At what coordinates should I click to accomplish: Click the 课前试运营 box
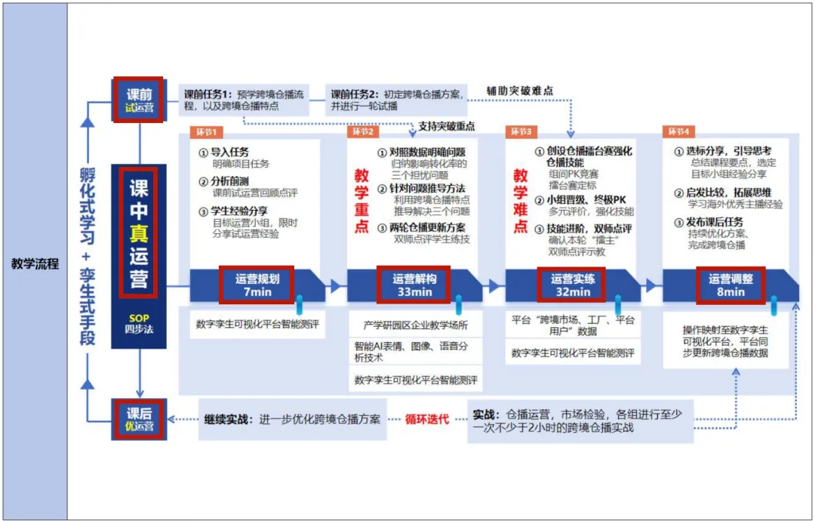[x=139, y=99]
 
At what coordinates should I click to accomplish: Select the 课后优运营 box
[x=139, y=419]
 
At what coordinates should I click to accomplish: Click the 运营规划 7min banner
[x=252, y=284]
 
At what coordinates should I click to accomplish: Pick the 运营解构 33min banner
[x=411, y=284]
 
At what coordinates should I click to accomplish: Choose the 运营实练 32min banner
[x=573, y=284]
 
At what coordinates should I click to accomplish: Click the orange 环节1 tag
[x=205, y=132]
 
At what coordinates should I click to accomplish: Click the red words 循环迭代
[x=426, y=418]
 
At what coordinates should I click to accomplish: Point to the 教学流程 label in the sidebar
[x=35, y=264]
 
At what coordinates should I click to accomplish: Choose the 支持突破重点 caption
[x=447, y=125]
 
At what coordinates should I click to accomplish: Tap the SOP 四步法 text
[x=138, y=322]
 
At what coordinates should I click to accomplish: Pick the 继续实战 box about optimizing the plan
[x=293, y=418]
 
